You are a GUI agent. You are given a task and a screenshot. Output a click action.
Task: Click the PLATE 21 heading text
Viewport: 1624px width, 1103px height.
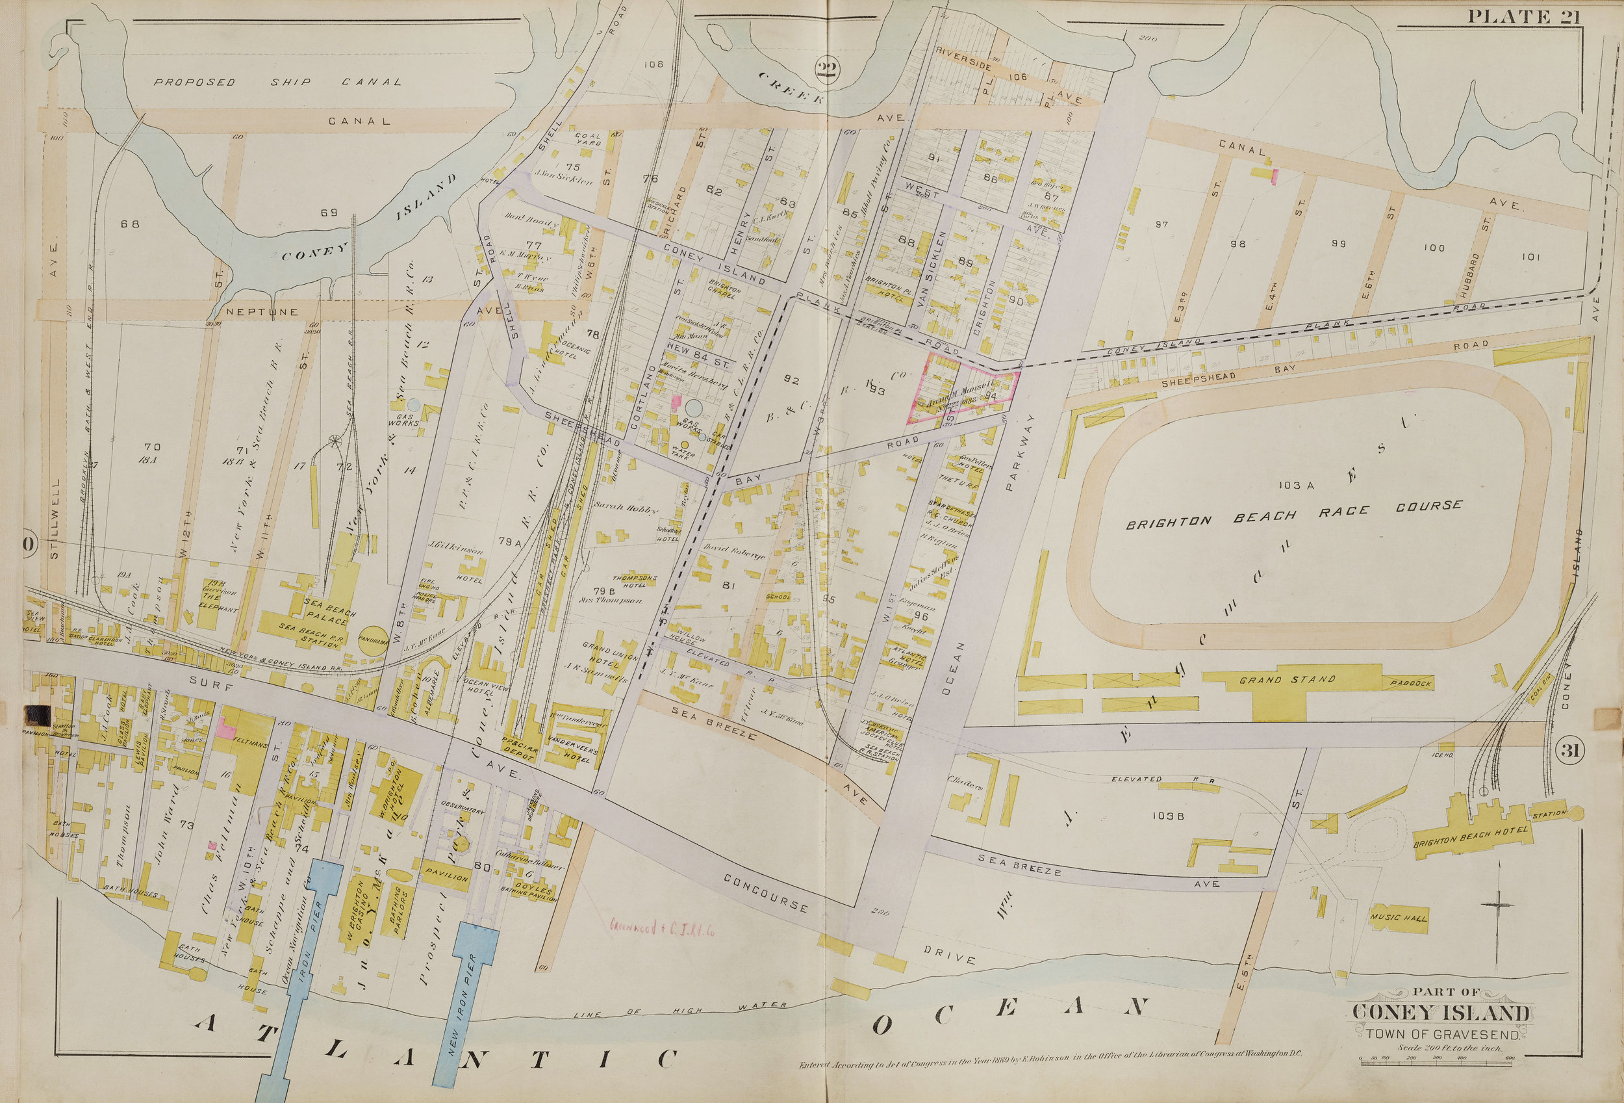(1523, 16)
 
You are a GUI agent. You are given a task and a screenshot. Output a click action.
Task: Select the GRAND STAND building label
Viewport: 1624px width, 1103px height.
(1287, 679)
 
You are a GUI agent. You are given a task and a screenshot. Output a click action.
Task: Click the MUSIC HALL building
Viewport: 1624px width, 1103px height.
(1400, 918)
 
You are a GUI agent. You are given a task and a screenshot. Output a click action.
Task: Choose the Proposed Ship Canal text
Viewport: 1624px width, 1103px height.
(277, 82)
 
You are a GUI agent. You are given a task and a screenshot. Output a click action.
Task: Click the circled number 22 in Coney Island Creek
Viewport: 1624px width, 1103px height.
(828, 68)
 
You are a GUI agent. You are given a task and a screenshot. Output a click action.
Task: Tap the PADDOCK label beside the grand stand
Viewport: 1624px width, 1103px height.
(1411, 683)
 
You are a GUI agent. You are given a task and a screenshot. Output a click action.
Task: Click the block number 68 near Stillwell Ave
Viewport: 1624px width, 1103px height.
(129, 224)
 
